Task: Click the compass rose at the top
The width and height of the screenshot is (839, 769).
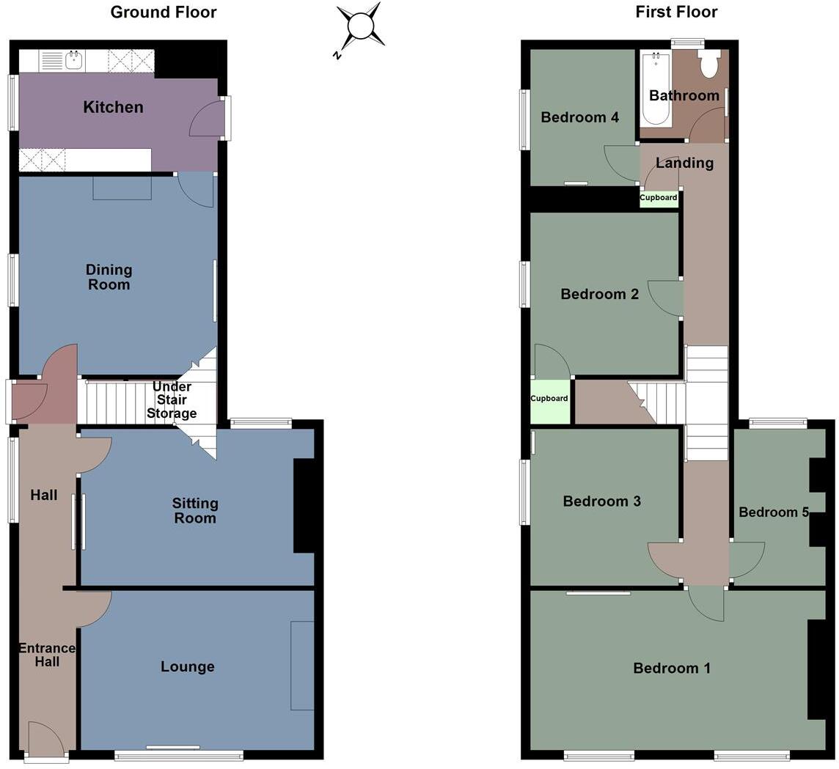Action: click(x=361, y=26)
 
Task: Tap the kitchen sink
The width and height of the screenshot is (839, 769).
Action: click(x=73, y=59)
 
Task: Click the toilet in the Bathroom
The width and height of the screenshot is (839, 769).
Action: click(x=708, y=64)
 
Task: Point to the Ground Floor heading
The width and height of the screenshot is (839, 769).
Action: click(x=164, y=12)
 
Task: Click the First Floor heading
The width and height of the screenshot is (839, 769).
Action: click(x=676, y=12)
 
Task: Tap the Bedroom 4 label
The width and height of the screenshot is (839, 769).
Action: click(x=579, y=117)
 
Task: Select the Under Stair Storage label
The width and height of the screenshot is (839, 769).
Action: click(x=172, y=400)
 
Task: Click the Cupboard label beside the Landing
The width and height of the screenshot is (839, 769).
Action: click(x=659, y=197)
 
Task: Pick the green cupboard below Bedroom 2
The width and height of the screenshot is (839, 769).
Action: click(x=549, y=402)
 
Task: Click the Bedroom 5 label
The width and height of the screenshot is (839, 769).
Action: click(x=773, y=512)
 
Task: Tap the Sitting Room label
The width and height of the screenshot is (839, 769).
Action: click(x=195, y=511)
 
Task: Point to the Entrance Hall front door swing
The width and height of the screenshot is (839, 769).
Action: click(x=47, y=739)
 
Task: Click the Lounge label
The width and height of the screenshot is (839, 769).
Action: click(x=188, y=667)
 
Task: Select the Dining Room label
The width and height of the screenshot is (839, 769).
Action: click(x=109, y=277)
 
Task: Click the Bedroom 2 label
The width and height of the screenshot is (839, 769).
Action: click(x=599, y=295)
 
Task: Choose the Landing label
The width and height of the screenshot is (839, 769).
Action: click(x=684, y=163)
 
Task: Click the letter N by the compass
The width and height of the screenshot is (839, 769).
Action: click(x=337, y=56)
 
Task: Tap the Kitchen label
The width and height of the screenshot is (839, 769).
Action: click(x=113, y=108)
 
